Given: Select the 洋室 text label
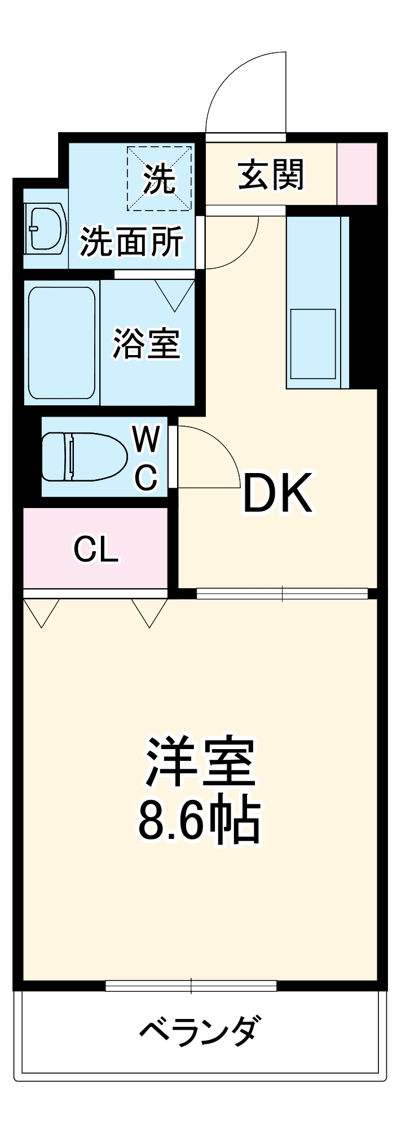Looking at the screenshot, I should point(200,762).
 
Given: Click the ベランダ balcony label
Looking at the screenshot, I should point(200,1030).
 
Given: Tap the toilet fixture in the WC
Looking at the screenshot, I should point(84,457).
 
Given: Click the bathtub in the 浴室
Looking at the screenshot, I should point(62,343).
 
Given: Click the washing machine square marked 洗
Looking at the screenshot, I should point(160,178).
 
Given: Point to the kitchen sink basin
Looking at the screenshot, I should point(313,344).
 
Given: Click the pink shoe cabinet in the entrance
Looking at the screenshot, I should point(356,174).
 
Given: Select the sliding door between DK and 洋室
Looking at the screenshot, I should point(282,593).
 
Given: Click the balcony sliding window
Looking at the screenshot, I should point(191,986).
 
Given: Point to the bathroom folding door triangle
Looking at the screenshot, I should point(175,295).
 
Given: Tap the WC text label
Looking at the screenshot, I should point(147,457).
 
